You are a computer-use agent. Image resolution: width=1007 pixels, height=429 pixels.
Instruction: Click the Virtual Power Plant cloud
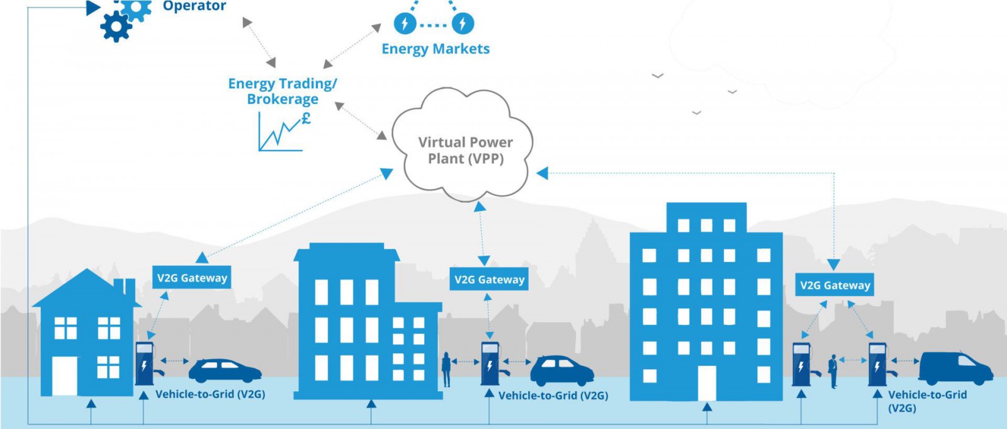coord(464,148)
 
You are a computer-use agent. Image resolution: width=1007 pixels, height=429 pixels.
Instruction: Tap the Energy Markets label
coord(436,49)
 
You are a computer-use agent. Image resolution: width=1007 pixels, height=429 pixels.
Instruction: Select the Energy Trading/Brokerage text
coord(283,91)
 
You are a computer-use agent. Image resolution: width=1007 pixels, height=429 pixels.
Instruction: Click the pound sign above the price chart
coord(306,118)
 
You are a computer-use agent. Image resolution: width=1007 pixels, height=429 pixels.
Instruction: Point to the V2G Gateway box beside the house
coord(192,278)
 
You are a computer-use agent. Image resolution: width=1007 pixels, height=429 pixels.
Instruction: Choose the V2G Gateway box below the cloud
coord(489,280)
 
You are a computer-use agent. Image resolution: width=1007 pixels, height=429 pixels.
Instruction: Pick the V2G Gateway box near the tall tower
coord(835,285)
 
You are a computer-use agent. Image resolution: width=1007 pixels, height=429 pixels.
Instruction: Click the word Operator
coord(194,6)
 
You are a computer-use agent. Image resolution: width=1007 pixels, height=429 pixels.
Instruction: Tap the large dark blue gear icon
coord(116,27)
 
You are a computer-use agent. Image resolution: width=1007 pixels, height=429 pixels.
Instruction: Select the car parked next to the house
coord(225,371)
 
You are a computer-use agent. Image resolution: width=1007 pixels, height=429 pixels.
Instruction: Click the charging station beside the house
coord(144,363)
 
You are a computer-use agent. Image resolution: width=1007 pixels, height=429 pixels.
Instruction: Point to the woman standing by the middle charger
coord(446,369)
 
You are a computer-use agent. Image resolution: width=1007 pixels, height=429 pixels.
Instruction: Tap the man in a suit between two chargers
coord(833,371)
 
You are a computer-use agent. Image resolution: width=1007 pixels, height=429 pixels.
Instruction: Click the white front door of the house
coord(65,376)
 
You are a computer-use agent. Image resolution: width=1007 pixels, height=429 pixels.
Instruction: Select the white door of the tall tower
coord(707,383)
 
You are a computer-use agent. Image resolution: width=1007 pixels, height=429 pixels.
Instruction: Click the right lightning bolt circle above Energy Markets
coord(463,24)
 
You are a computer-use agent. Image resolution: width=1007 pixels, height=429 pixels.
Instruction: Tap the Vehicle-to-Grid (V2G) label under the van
coord(926,401)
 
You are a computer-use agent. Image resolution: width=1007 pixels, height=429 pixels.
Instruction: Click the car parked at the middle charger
coord(562,371)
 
